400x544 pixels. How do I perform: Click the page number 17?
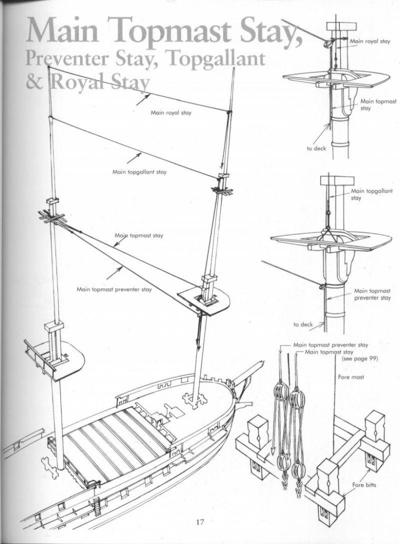[199, 522]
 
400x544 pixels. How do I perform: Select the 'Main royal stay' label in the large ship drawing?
[171, 113]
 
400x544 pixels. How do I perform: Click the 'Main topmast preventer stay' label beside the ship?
[114, 289]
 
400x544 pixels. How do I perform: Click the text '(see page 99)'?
[359, 359]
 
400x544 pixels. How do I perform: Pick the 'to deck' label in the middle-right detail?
[303, 324]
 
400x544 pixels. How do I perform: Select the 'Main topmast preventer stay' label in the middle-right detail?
[372, 294]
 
